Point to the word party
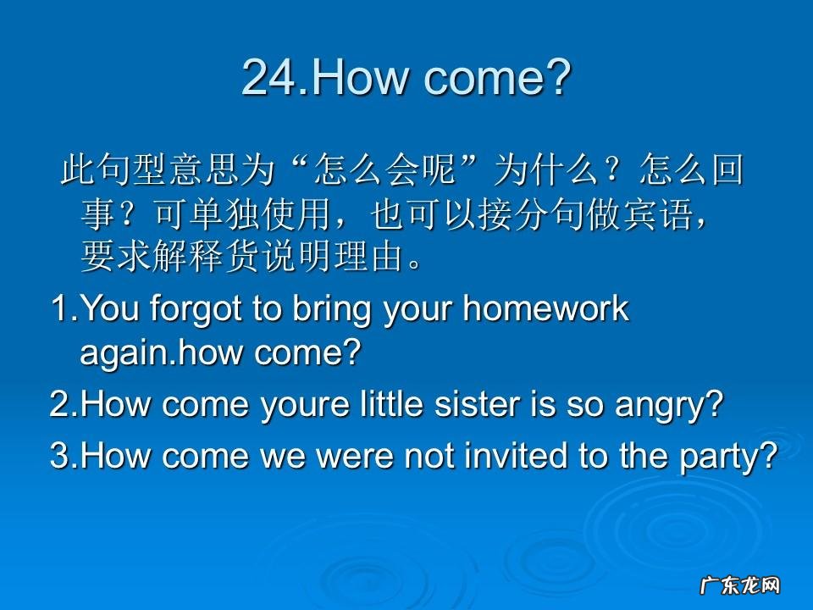click(727, 457)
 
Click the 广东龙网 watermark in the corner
click(738, 585)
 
